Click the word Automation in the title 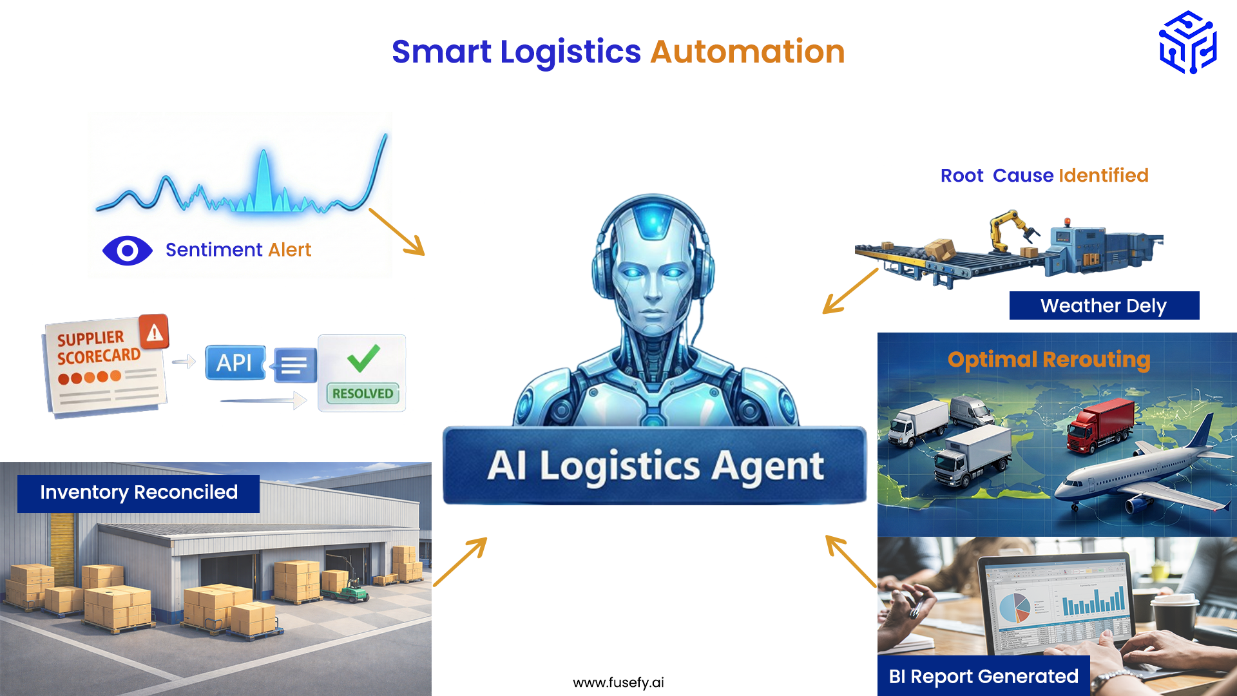click(747, 52)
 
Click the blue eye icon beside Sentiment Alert click(128, 251)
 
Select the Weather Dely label click(1104, 305)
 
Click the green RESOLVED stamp click(363, 393)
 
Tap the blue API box click(235, 363)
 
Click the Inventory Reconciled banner click(139, 493)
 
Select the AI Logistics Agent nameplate click(655, 465)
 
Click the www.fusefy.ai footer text click(618, 682)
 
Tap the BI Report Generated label click(983, 676)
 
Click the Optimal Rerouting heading click(1049, 360)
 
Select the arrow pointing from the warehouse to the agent click(460, 562)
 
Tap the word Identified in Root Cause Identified click(1103, 175)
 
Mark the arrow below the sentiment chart click(397, 232)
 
